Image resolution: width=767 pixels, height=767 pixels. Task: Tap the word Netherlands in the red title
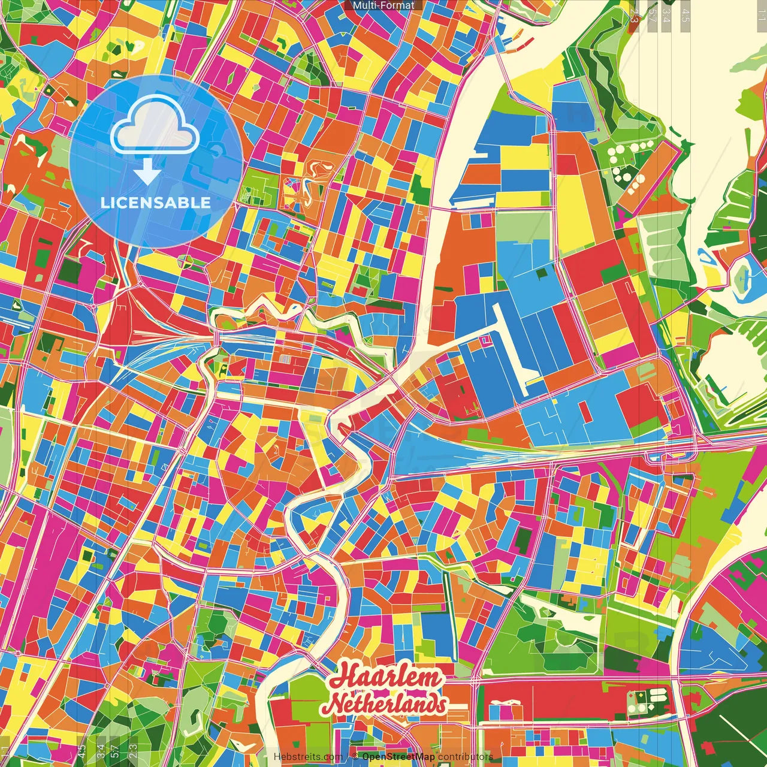click(x=386, y=703)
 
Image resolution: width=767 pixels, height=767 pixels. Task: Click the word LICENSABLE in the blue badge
click(x=156, y=203)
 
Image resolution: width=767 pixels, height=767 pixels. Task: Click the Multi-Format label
click(x=383, y=5)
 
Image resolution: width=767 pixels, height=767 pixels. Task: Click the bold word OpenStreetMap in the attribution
click(x=398, y=756)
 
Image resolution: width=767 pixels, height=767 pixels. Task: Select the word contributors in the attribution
click(x=466, y=756)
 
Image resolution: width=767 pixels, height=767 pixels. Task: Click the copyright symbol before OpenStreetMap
click(x=355, y=756)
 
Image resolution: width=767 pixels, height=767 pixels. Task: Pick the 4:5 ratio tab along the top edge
click(x=686, y=13)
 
